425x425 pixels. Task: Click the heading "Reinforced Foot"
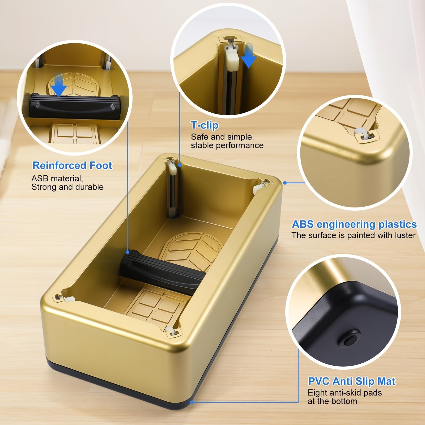tap(72, 165)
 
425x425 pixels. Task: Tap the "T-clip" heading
tap(205, 125)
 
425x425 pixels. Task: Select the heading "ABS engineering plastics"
tap(354, 224)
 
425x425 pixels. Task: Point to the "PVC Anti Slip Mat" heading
tap(352, 381)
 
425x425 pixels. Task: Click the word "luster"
tap(403, 235)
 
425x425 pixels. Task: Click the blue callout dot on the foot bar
tap(128, 252)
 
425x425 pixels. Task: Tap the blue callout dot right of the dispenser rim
tap(285, 183)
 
